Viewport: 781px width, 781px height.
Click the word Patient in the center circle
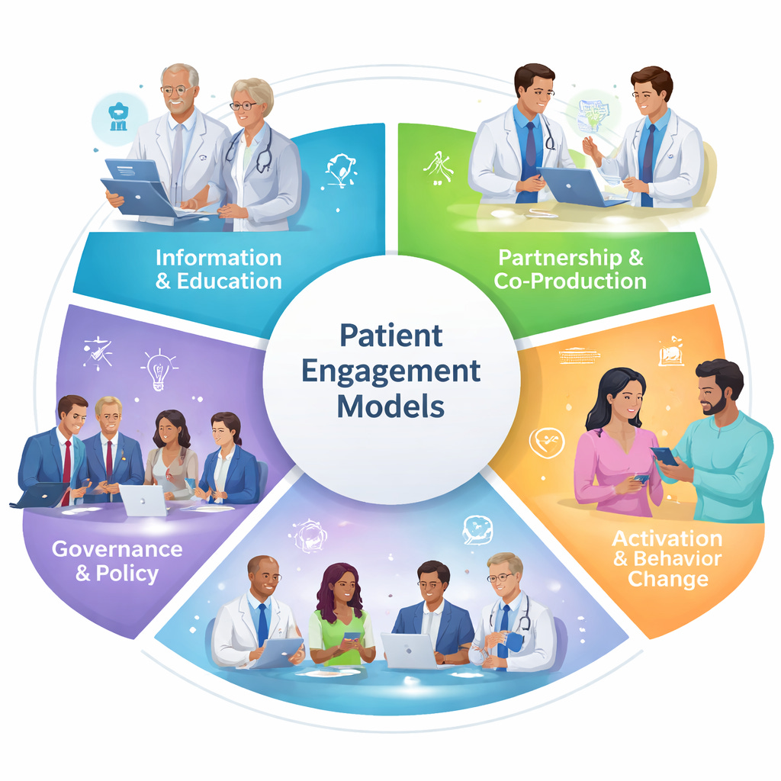tap(390, 335)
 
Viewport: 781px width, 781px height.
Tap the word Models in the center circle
tap(390, 406)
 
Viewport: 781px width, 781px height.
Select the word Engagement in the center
tap(390, 371)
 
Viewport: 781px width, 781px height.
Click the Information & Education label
tap(219, 269)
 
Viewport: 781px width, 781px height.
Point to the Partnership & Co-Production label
tap(570, 268)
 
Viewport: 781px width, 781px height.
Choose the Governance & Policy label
tap(117, 561)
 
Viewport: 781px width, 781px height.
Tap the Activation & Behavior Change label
tap(666, 558)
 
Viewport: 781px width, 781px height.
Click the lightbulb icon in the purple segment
tap(159, 368)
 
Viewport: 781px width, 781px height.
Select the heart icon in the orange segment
tap(546, 442)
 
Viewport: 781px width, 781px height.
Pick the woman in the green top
tap(341, 618)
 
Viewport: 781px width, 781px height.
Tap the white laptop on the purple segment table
tap(142, 500)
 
